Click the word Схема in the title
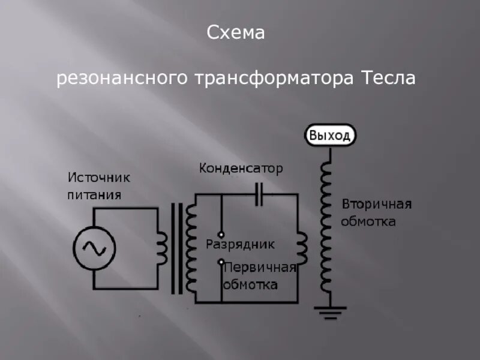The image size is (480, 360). pyautogui.click(x=236, y=33)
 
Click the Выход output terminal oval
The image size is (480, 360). pyautogui.click(x=329, y=135)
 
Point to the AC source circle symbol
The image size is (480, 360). pyautogui.click(x=94, y=247)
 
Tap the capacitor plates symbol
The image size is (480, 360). pyautogui.click(x=259, y=194)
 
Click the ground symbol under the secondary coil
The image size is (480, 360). pyautogui.click(x=329, y=311)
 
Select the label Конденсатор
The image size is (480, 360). pyautogui.click(x=241, y=169)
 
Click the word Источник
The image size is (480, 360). pyautogui.click(x=98, y=178)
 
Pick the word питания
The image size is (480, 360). pyautogui.click(x=94, y=195)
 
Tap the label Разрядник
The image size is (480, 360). pyautogui.click(x=240, y=244)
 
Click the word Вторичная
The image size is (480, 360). pyautogui.click(x=376, y=205)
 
